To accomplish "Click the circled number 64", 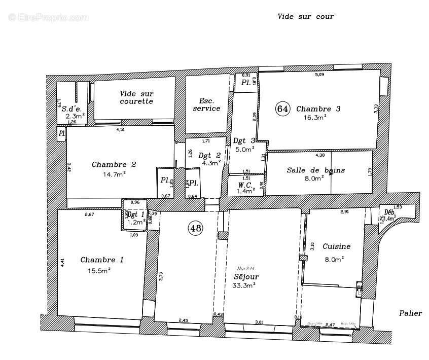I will point(282,109).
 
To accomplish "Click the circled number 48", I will point(195,229).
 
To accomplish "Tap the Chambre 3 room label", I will point(318,109).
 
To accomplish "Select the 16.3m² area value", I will point(315,117).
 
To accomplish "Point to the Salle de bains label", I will point(315,170).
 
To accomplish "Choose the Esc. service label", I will point(206,104).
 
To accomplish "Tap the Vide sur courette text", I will point(136,97).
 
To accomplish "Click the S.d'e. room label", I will point(71,109).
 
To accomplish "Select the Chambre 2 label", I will point(114,165).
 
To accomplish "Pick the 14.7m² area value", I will point(114,174).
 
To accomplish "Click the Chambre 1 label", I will point(102,260).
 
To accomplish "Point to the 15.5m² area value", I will point(99,271).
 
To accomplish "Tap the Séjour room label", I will point(246,277).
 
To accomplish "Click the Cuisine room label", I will point(337,247).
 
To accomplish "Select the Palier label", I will point(410,313).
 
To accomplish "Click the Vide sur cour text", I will point(305,16).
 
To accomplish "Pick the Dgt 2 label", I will point(210,156).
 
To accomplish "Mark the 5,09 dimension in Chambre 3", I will point(319,75).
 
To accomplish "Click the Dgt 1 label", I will point(136,214).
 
